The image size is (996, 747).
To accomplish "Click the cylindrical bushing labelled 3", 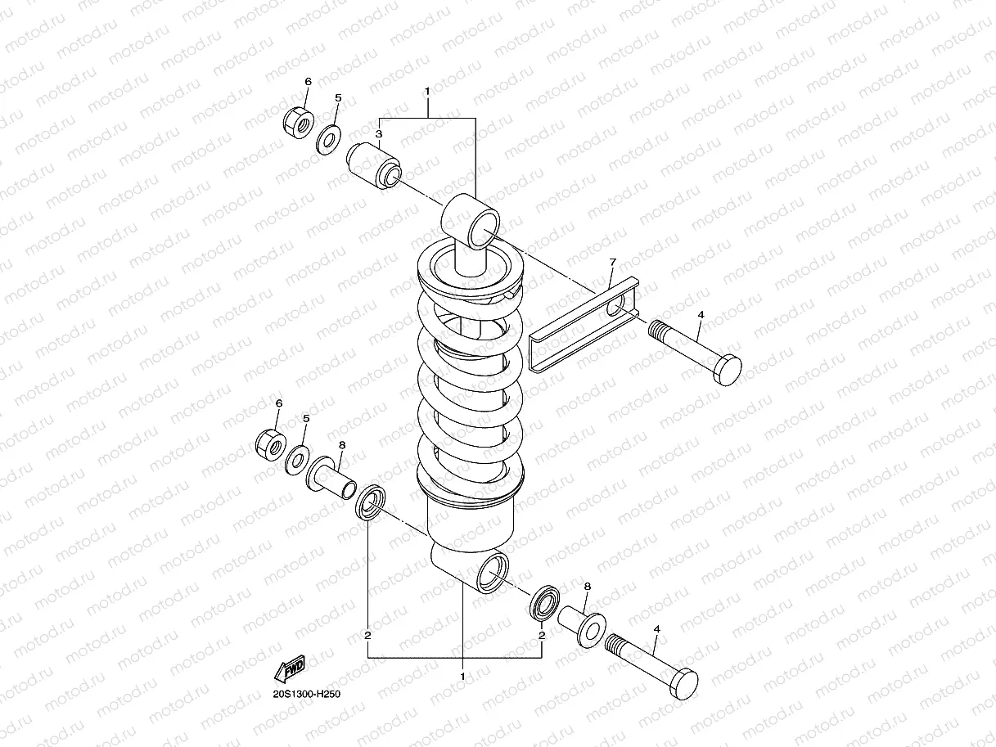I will pyautogui.click(x=375, y=165).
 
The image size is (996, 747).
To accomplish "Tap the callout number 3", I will pyautogui.click(x=378, y=133).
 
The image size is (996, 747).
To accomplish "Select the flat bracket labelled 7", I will pyautogui.click(x=583, y=327).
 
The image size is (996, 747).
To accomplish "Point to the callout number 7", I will pyautogui.click(x=611, y=262).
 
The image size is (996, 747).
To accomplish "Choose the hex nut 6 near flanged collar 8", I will pyautogui.click(x=270, y=443).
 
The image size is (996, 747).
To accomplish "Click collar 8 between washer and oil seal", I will pyautogui.click(x=331, y=479).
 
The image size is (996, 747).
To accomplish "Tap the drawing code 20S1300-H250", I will pyautogui.click(x=306, y=695).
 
